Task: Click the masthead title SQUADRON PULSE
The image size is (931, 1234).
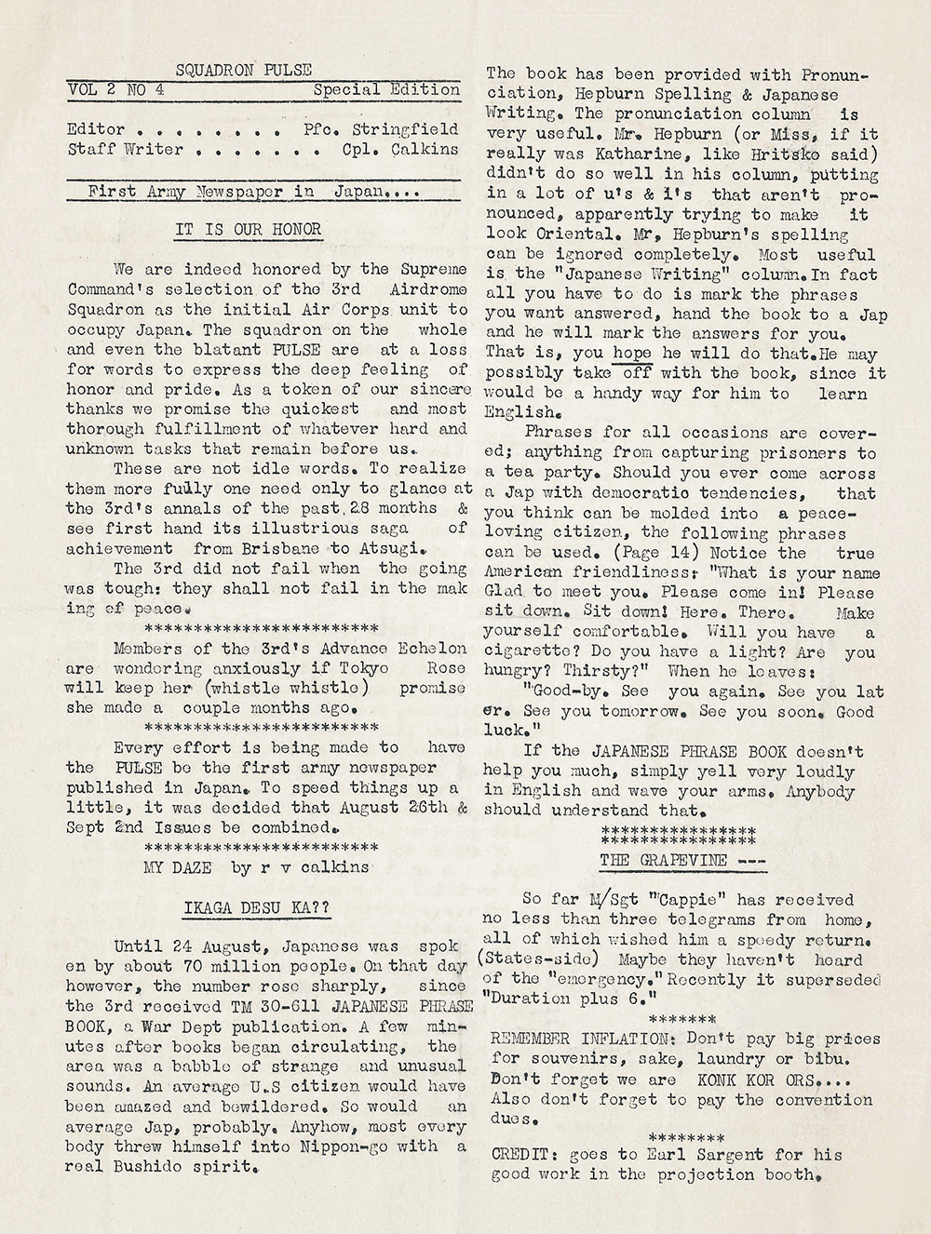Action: [x=244, y=69]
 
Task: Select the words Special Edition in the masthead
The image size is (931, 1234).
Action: [x=386, y=90]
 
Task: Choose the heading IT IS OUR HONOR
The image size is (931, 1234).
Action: [x=248, y=230]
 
